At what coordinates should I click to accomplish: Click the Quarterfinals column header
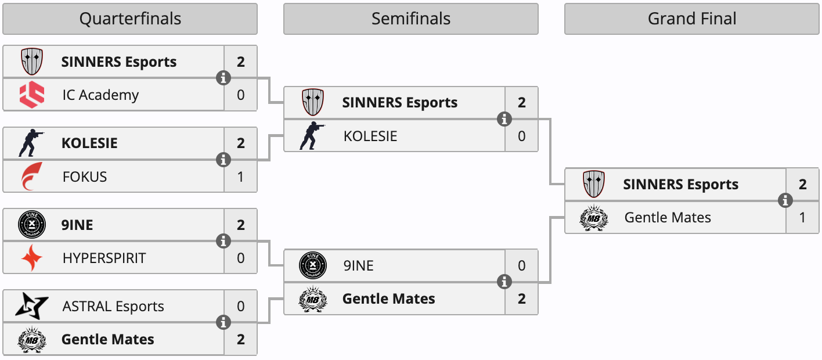click(130, 19)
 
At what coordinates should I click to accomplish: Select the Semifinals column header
click(411, 19)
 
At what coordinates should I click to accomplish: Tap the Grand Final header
click(692, 19)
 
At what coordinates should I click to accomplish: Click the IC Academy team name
click(100, 95)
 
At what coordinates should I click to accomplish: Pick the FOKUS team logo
click(31, 177)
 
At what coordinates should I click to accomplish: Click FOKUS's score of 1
click(241, 177)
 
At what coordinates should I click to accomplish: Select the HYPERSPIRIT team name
click(104, 258)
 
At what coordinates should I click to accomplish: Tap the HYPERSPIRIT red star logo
click(31, 258)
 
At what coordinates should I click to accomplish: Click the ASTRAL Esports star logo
click(27, 306)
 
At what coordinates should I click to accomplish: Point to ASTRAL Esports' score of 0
click(241, 306)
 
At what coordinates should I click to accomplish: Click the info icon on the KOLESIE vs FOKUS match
click(223, 160)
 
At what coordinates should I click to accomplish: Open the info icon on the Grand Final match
click(785, 200)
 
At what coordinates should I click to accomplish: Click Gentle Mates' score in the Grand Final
click(803, 218)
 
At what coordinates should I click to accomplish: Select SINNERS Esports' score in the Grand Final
click(803, 184)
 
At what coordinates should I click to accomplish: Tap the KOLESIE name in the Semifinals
click(370, 136)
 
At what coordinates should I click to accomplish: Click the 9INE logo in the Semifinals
click(312, 266)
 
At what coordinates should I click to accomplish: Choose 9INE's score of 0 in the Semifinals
click(522, 266)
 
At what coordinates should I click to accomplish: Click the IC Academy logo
click(31, 95)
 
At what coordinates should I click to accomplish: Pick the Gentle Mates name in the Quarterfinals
click(108, 339)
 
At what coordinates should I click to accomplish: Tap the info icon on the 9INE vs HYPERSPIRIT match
click(223, 241)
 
